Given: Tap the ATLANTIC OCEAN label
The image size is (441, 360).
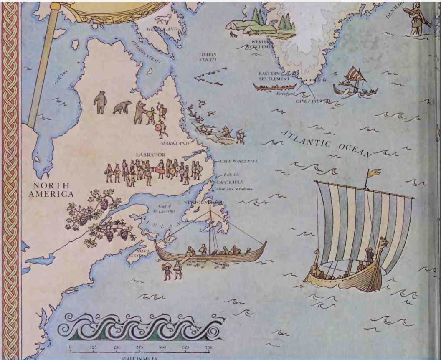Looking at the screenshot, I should [326, 144].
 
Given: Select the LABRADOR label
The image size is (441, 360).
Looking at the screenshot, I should [150, 155].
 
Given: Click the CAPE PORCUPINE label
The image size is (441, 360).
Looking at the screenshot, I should [238, 161].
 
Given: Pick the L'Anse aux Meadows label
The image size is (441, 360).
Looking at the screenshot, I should [235, 189].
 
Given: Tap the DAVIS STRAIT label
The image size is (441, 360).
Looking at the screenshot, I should [208, 57].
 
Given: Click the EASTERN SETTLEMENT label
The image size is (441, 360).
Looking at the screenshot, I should [274, 76].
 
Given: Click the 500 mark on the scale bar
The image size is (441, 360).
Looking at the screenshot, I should [162, 347].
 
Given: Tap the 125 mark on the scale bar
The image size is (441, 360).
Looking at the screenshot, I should [94, 347].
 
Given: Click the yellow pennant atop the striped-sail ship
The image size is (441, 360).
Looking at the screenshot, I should [373, 172].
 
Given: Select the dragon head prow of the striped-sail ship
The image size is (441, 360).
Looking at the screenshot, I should [383, 242].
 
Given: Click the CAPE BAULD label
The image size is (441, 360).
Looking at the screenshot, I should [230, 182].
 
